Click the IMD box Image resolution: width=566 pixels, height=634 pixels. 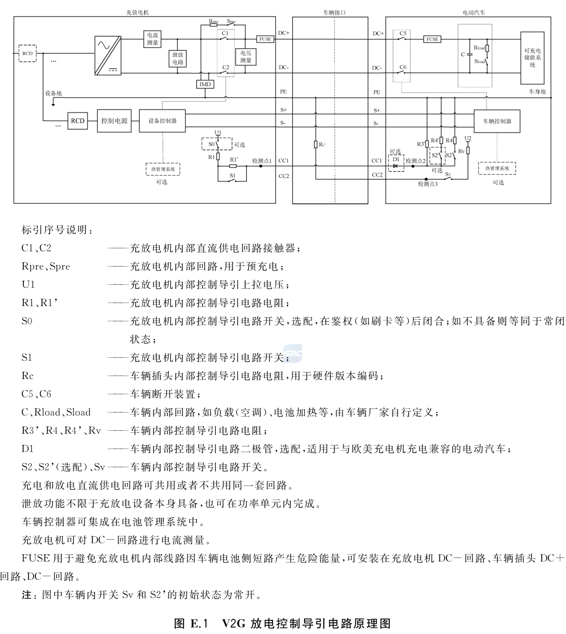pyautogui.click(x=205, y=84)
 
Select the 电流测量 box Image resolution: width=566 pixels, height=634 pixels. pyautogui.click(x=153, y=39)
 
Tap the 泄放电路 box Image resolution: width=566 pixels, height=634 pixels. pyautogui.click(x=178, y=58)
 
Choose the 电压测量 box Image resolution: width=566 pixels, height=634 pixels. pyautogui.click(x=246, y=56)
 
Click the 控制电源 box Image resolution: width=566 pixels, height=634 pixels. pyautogui.click(x=114, y=121)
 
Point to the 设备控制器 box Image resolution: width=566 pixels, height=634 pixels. pyautogui.click(x=162, y=121)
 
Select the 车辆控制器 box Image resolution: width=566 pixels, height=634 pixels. pyautogui.click(x=497, y=121)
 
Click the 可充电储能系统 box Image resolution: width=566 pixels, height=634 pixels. pyautogui.click(x=533, y=58)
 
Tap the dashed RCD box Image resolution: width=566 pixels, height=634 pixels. pyautogui.click(x=27, y=53)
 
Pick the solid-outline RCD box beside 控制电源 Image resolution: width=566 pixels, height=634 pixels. pyautogui.click(x=78, y=121)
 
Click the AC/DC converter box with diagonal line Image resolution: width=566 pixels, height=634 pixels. pyautogui.click(x=107, y=55)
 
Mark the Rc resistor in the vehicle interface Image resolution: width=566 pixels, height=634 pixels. pyautogui.click(x=316, y=144)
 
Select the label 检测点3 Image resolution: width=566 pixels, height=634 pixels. pyautogui.click(x=428, y=184)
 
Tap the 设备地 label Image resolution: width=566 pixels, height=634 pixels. pyautogui.click(x=53, y=93)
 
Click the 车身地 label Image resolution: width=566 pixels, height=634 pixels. pyautogui.click(x=538, y=92)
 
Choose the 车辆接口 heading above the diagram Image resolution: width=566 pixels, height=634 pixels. pyautogui.click(x=334, y=12)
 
